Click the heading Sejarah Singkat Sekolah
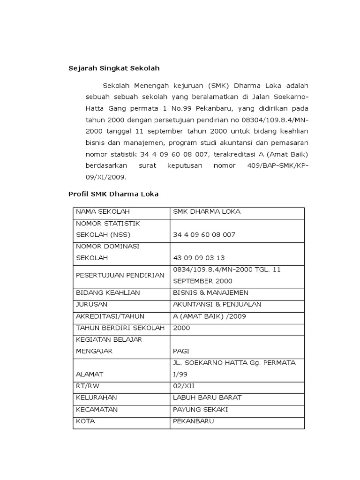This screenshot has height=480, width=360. coord(114,68)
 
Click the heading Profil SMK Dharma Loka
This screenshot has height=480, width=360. coord(113,194)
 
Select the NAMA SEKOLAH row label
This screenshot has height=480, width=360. coord(103,212)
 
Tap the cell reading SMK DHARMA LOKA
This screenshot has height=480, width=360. coord(207,212)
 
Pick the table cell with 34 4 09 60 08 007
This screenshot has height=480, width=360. coord(204,235)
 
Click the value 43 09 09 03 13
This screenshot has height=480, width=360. coord(199,258)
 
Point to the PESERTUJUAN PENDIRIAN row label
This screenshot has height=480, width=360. coord(120,275)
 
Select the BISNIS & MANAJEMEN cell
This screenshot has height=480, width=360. coord(210,293)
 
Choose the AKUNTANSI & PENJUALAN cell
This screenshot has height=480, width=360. coord(217,305)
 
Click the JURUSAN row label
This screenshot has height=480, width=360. coord(91,305)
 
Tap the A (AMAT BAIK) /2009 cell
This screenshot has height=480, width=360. coord(209,316)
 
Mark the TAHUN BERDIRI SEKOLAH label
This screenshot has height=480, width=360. coord(120,328)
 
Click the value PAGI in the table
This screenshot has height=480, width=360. coord(182,351)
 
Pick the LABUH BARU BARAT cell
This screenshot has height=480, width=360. coord(207,398)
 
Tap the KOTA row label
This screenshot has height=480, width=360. coord(85,421)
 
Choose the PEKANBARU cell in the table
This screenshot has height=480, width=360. coord(193,421)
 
